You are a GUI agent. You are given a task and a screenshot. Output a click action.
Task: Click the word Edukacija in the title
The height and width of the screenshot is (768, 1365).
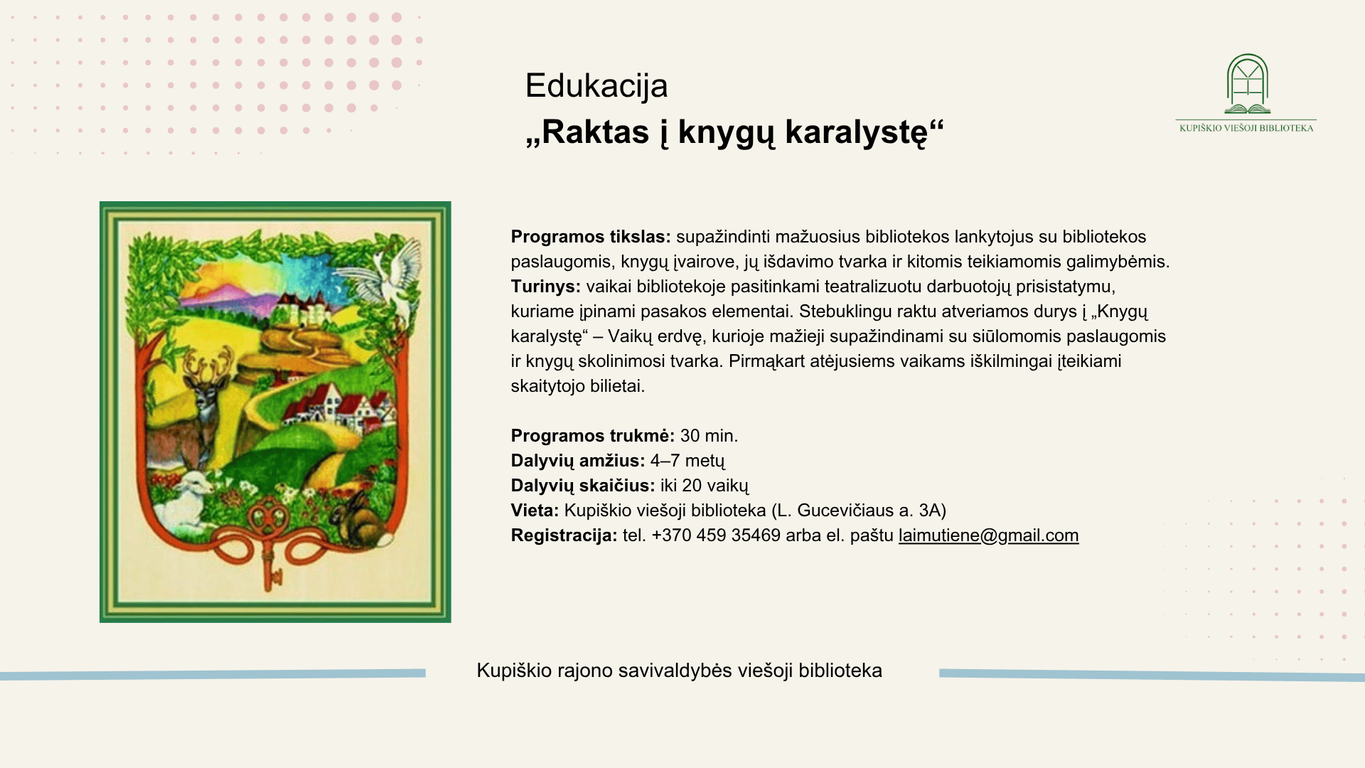596,86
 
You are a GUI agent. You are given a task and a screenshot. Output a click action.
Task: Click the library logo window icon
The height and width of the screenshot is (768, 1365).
1248,84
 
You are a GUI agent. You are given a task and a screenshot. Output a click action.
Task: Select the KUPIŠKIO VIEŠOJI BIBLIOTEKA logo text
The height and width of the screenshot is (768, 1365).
1246,128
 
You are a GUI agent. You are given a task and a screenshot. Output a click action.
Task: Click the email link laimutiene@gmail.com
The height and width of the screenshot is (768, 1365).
988,535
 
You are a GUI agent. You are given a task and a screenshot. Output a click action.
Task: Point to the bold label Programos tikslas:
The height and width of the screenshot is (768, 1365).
591,237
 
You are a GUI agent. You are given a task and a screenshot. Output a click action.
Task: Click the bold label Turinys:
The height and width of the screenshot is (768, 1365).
546,287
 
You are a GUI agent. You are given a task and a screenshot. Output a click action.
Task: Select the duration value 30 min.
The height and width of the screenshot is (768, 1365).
709,436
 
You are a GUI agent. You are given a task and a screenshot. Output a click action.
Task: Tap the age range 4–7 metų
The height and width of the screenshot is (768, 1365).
687,461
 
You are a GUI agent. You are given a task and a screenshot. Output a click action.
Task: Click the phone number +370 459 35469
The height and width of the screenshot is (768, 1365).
716,535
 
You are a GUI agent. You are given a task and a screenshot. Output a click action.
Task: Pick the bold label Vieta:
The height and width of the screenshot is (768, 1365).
535,511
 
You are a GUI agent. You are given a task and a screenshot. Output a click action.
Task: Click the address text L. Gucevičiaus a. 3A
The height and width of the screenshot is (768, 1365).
858,511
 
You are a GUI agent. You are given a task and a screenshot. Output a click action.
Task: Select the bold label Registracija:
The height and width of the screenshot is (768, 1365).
564,535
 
